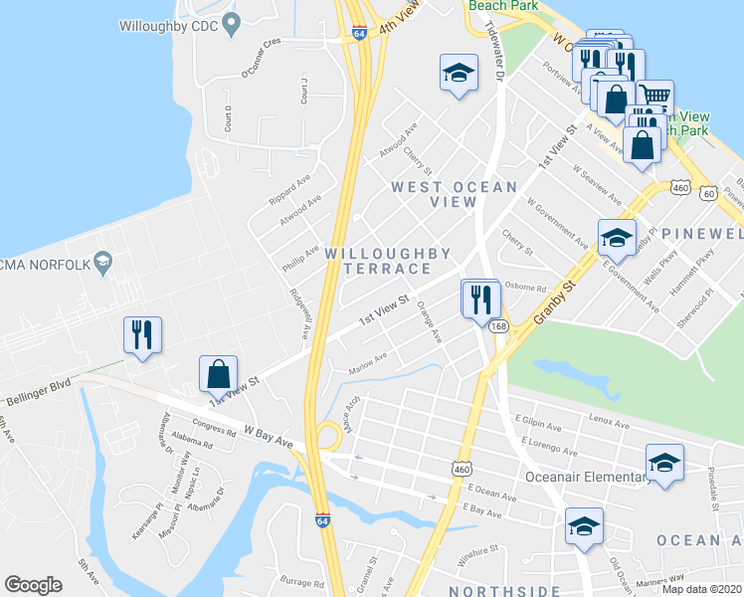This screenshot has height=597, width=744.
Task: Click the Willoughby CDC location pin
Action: (x=232, y=22)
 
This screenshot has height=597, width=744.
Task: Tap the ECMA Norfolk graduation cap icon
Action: (x=101, y=263)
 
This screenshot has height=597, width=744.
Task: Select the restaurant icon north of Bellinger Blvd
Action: (x=140, y=333)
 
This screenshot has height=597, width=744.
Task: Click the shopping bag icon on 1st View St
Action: (x=218, y=374)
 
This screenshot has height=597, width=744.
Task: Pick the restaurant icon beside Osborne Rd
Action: (x=481, y=298)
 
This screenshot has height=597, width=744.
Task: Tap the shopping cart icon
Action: (x=654, y=97)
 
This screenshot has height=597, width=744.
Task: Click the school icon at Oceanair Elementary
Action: (x=663, y=463)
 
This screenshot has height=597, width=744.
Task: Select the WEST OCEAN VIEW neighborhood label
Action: (x=454, y=194)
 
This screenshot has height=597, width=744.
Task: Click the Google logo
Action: (x=34, y=585)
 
